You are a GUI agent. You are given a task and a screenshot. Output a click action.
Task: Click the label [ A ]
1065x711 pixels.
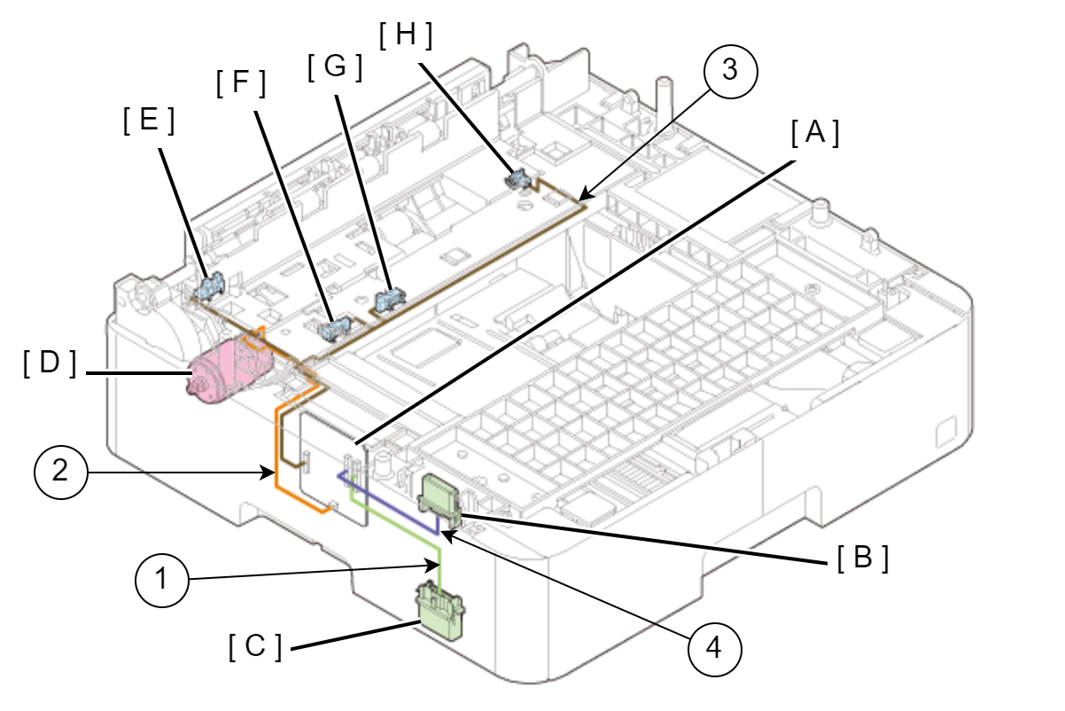click(814, 133)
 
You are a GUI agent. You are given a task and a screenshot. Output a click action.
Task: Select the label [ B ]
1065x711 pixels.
click(862, 559)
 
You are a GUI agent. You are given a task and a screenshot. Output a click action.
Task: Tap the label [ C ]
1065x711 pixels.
click(255, 648)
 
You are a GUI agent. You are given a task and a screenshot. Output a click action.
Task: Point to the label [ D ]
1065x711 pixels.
click(51, 364)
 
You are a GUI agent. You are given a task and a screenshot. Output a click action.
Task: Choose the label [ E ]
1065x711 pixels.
click(148, 121)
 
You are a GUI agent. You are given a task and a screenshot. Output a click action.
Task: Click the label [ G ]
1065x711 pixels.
click(335, 67)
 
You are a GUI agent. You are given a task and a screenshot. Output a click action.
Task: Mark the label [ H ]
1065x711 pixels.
click(406, 35)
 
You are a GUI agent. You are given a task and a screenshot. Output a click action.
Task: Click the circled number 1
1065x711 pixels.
click(162, 582)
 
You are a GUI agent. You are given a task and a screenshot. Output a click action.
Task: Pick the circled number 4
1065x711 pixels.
click(715, 649)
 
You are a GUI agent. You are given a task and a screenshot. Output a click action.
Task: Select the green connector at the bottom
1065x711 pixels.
click(440, 609)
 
